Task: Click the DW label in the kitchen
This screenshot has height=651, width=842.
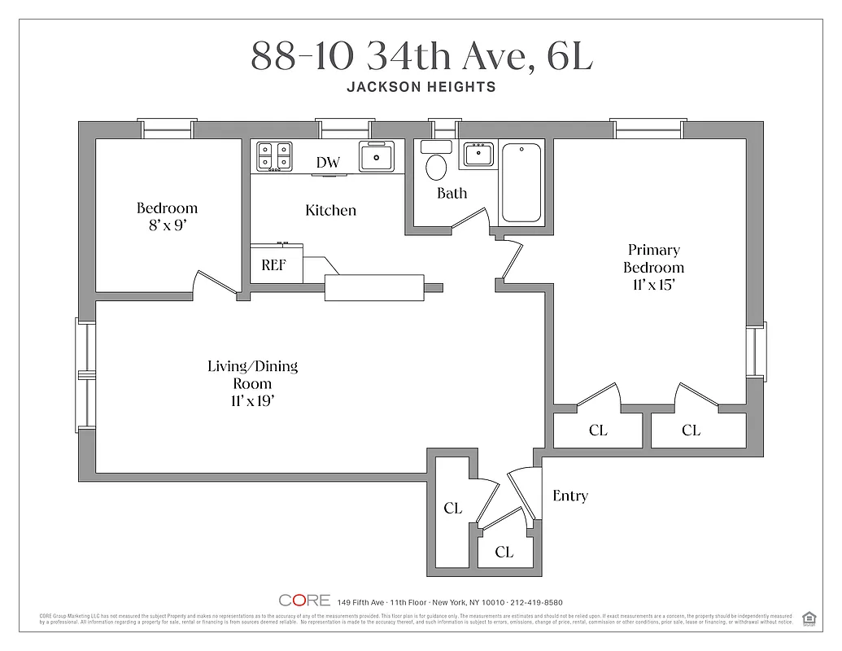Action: point(328,163)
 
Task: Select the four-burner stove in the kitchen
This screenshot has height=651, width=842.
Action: point(274,155)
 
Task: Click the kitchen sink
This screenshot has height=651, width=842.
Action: point(377,155)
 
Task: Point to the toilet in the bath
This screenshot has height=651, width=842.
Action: point(437,164)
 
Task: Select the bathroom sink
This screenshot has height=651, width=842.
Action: point(478,155)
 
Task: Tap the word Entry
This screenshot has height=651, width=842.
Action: point(569,496)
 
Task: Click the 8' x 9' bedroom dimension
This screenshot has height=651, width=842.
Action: point(167,225)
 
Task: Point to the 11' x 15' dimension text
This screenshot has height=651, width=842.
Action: point(653,285)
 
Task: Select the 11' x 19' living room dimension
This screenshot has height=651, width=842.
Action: point(252,400)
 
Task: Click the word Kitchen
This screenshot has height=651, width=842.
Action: point(330,210)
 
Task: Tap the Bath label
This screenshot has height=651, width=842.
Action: point(452,193)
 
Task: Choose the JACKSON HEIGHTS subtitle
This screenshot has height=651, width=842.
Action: point(421,87)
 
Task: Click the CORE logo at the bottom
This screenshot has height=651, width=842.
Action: point(304,601)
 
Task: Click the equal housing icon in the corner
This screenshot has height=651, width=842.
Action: point(809,618)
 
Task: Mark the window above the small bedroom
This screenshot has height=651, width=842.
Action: point(167,129)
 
